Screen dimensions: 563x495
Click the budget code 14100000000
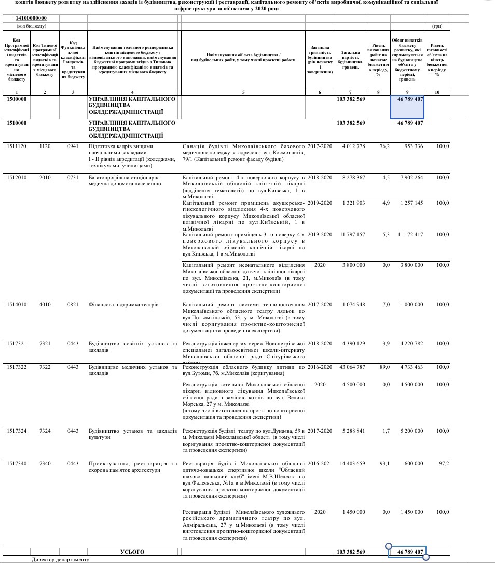(31, 18)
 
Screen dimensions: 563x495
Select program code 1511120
(17, 146)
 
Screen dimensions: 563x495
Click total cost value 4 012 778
(353, 146)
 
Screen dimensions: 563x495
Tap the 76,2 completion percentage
(384, 146)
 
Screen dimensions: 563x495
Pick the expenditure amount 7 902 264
(411, 178)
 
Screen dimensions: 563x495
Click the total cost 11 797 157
(352, 235)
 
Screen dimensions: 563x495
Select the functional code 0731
(73, 178)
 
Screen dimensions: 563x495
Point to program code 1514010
(17, 305)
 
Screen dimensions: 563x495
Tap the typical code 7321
(45, 344)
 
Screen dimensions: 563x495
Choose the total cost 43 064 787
(352, 367)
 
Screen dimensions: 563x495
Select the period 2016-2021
(320, 463)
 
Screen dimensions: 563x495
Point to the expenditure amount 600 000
(414, 463)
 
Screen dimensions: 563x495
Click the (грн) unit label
(437, 26)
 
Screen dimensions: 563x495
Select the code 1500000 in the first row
(17, 99)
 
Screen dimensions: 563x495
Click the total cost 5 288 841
(353, 431)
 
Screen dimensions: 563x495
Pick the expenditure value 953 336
(414, 146)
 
